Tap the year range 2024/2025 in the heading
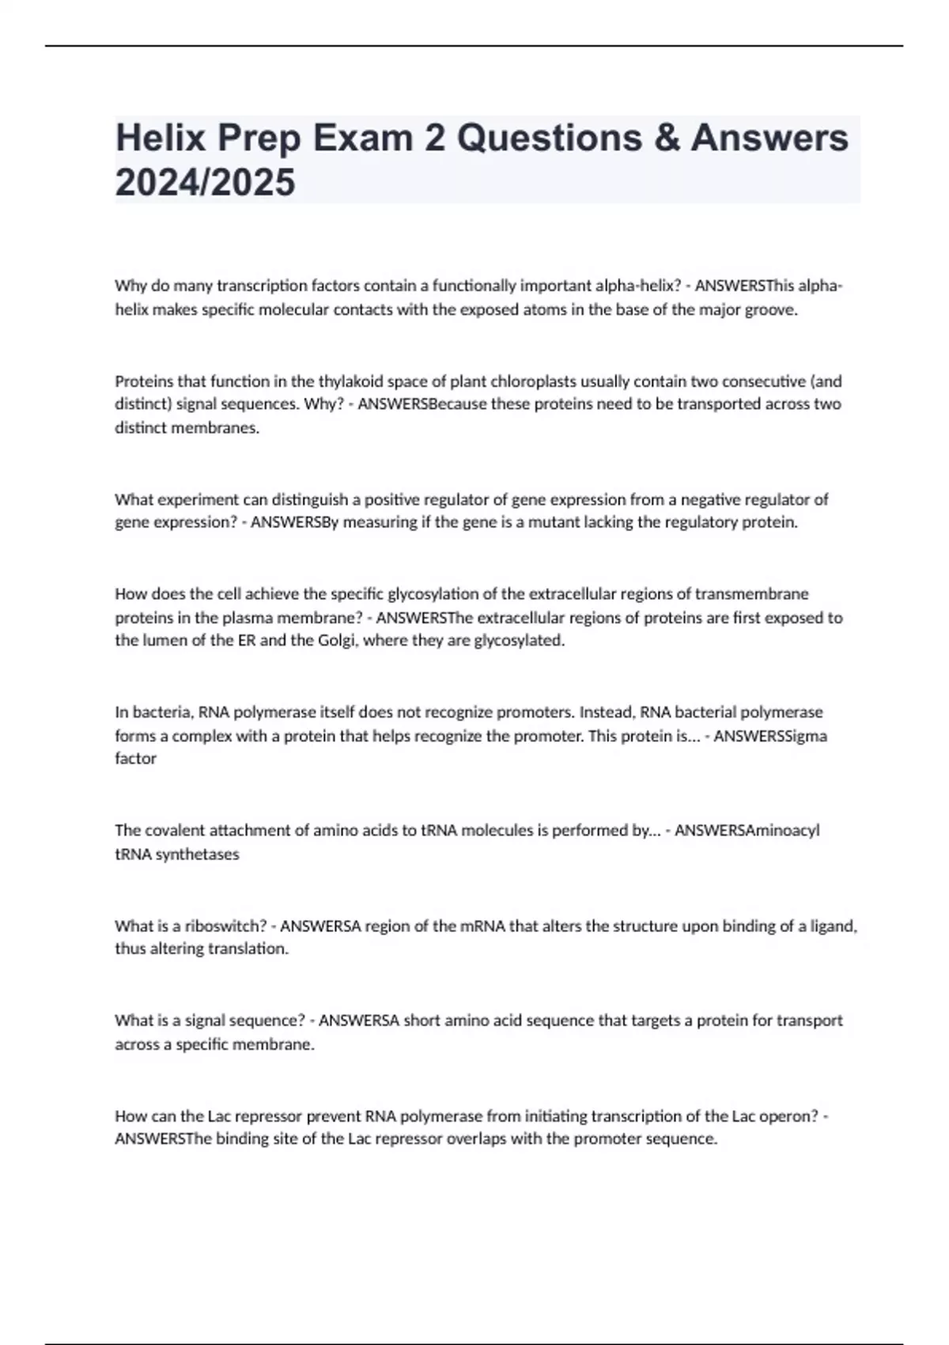[x=205, y=183]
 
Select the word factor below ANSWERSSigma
[x=136, y=759]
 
